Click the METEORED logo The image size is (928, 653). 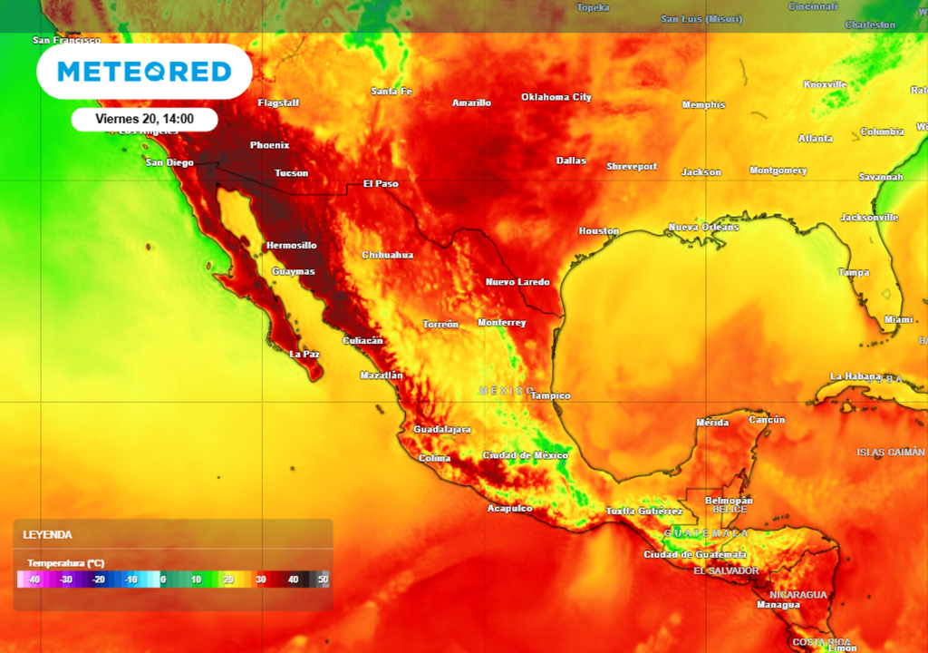[x=144, y=72]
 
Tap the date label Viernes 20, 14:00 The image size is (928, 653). [x=144, y=119]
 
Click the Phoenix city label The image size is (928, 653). [x=269, y=145]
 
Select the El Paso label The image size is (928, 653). [x=381, y=184]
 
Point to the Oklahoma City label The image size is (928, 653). [x=556, y=97]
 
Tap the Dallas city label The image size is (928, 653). [x=571, y=161]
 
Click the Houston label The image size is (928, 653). [x=598, y=231]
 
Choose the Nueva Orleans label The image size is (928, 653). [x=703, y=227]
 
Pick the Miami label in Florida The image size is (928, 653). [x=898, y=319]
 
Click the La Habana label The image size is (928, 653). [x=855, y=376]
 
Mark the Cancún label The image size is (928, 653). [x=767, y=420]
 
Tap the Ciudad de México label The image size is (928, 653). [x=525, y=455]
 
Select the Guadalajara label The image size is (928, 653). [x=442, y=429]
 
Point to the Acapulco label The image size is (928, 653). [x=509, y=508]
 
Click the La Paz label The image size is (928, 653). [x=304, y=354]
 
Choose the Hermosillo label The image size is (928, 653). [x=291, y=246]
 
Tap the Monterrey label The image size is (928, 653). [x=501, y=323]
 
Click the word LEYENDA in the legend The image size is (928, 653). [x=47, y=535]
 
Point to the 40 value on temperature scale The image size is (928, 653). [x=293, y=580]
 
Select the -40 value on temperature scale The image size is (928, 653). [x=34, y=580]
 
